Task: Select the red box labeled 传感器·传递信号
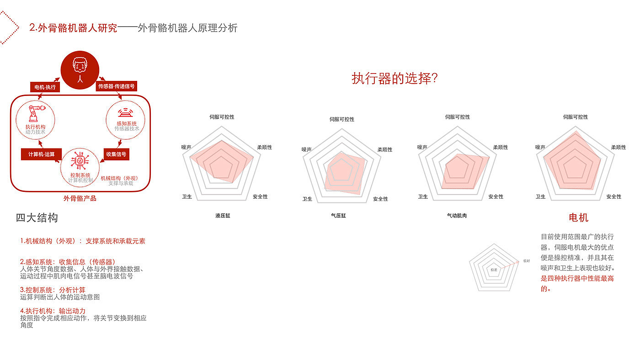(x=117, y=86)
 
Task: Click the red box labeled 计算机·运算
(x=41, y=154)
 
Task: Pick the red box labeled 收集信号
(x=116, y=154)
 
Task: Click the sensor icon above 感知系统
(x=126, y=113)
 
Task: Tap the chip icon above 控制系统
(x=80, y=161)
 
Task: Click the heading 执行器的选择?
(x=395, y=78)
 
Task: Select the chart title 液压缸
(x=223, y=215)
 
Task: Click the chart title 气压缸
(x=339, y=215)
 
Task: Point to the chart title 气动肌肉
(x=457, y=215)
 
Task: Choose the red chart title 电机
(x=578, y=217)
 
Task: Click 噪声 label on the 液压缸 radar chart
(x=186, y=147)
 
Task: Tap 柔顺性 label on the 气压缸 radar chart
(x=385, y=149)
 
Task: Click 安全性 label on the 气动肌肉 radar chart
(x=496, y=196)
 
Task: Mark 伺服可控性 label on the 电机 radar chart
(x=576, y=117)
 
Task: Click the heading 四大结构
(x=37, y=218)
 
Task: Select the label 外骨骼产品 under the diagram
(x=80, y=199)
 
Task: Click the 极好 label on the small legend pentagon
(x=527, y=261)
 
